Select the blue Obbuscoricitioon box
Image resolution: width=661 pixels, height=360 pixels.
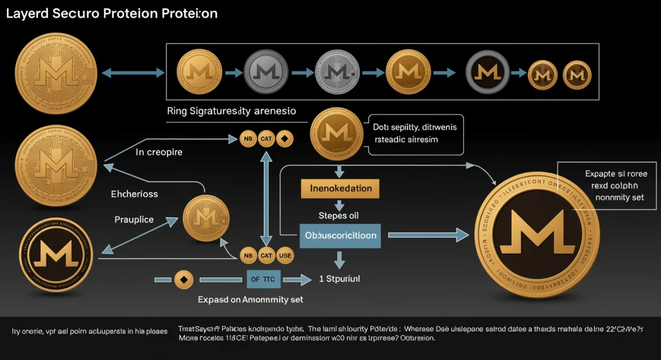(x=340, y=235)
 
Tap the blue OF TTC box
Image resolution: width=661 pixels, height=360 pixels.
(x=262, y=279)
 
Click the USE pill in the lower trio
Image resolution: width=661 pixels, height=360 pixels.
(x=285, y=255)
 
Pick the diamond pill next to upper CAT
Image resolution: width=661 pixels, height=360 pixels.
(x=285, y=139)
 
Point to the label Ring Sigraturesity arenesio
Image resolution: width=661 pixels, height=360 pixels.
(x=231, y=111)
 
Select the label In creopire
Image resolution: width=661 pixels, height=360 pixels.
(x=159, y=152)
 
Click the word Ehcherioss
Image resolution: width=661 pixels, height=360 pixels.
(x=134, y=194)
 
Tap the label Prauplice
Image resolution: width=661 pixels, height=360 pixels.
(x=134, y=219)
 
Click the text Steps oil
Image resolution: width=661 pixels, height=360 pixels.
(x=339, y=215)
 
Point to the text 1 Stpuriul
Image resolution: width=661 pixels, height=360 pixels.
(x=339, y=279)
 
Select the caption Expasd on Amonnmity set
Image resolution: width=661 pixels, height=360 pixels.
(x=251, y=300)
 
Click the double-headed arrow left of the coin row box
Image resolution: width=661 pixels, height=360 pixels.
(x=134, y=72)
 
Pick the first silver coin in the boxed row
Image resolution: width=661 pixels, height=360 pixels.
(x=264, y=72)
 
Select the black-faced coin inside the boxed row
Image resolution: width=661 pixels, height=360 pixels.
(x=486, y=72)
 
